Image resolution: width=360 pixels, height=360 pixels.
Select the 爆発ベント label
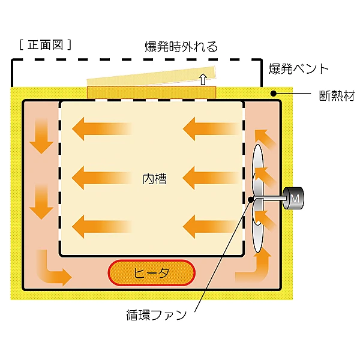pos(298,68)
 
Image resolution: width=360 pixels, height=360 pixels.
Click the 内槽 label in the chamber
pos(154,178)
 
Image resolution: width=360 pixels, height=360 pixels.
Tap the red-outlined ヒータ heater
pos(151,273)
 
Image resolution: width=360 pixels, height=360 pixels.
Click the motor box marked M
pos(295,198)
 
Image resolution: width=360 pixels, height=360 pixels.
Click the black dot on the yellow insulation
pos(272,94)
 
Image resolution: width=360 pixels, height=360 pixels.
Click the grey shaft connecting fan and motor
pos(270,199)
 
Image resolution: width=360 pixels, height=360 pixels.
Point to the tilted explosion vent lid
pos(150,78)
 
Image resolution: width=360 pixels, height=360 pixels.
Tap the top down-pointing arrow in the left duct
pos(41,134)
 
